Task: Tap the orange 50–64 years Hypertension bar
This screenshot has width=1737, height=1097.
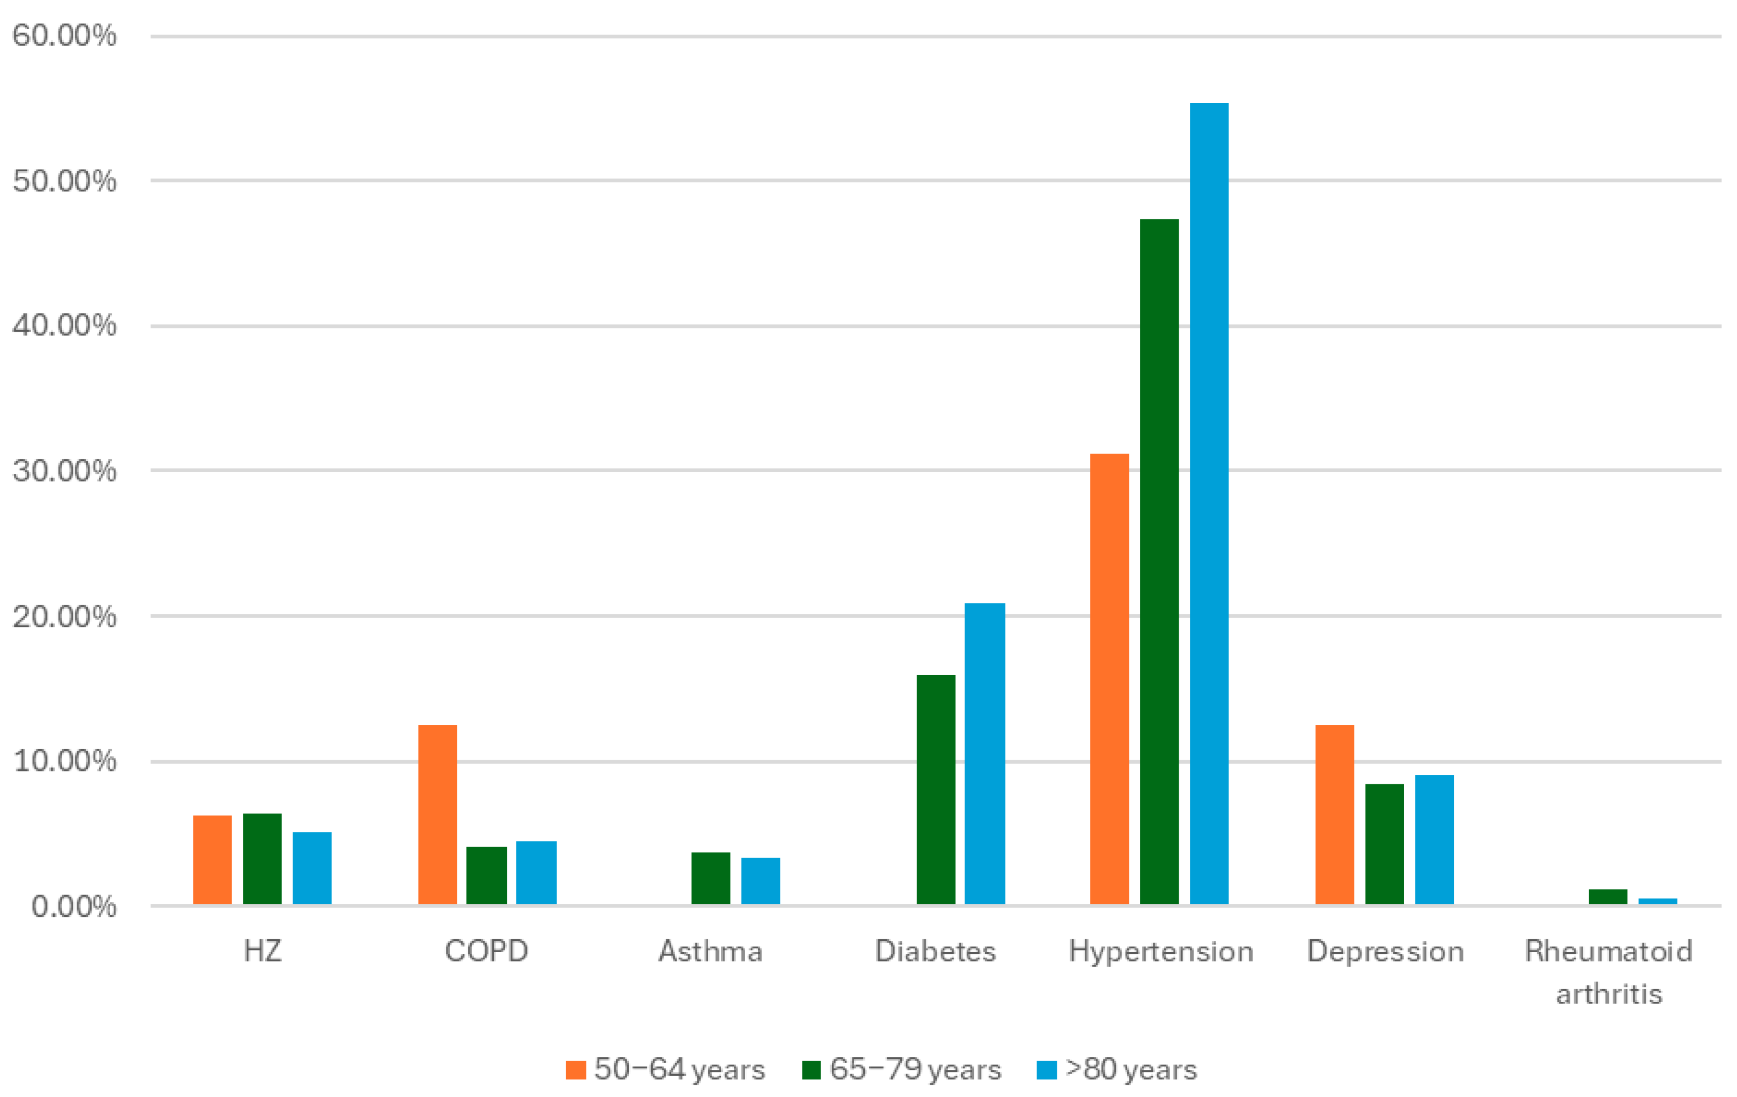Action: click(1109, 678)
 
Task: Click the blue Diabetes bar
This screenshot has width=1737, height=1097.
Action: click(984, 753)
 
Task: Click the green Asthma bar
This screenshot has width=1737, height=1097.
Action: click(710, 878)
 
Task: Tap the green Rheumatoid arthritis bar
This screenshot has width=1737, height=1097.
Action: click(1607, 897)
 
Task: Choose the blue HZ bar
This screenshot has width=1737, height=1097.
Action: click(312, 868)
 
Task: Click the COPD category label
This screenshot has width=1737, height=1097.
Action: click(486, 952)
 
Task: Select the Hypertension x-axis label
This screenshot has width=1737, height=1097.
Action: click(1161, 952)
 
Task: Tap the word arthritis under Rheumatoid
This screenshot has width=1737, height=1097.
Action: click(1608, 995)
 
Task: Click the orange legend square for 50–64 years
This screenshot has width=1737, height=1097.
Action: click(576, 1070)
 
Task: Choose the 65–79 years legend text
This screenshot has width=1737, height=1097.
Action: click(915, 1070)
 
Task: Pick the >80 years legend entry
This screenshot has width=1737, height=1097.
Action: click(1129, 1070)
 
